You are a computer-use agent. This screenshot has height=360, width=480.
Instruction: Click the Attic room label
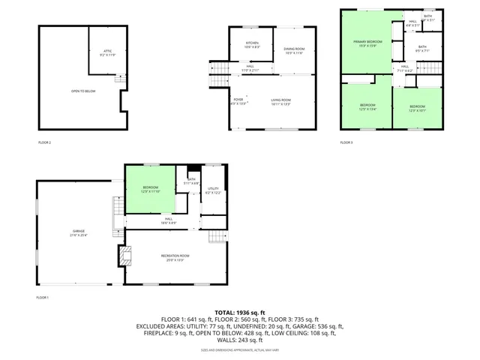click(x=106, y=52)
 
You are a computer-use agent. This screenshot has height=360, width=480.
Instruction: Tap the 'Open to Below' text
click(x=83, y=91)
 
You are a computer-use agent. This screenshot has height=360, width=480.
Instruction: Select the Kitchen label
click(x=252, y=44)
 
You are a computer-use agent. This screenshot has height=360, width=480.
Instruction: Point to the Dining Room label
click(x=294, y=51)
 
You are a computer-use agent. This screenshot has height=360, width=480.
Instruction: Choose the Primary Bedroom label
click(x=368, y=43)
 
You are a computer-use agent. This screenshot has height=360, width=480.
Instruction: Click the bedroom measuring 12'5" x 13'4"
click(x=367, y=106)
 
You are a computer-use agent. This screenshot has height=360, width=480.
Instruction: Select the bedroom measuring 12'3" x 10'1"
click(x=417, y=109)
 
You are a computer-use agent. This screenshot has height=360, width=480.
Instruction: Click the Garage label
click(x=79, y=233)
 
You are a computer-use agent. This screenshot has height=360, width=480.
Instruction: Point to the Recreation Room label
click(x=175, y=258)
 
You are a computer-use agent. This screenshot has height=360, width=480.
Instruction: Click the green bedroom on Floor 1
click(x=151, y=189)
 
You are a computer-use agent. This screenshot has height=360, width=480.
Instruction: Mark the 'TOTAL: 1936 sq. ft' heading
click(x=240, y=312)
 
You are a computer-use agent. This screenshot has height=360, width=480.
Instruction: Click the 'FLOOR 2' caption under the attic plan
click(x=45, y=142)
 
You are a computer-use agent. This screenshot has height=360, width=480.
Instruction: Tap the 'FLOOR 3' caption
click(x=346, y=142)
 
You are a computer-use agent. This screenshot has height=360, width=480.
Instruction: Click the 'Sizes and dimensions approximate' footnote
click(x=240, y=349)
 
